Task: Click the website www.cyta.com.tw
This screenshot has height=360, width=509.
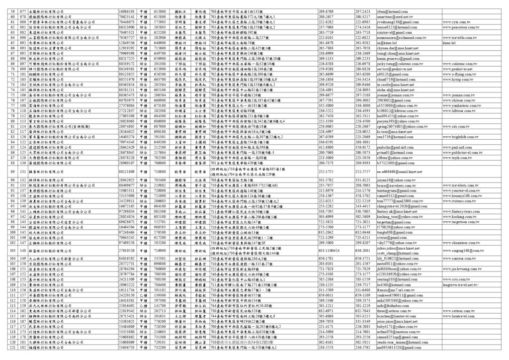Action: point(456,22)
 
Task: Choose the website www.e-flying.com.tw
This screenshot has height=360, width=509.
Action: point(458,74)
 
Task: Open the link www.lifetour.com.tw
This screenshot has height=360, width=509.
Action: point(458,110)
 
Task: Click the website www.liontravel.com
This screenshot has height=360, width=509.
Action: point(458,316)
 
